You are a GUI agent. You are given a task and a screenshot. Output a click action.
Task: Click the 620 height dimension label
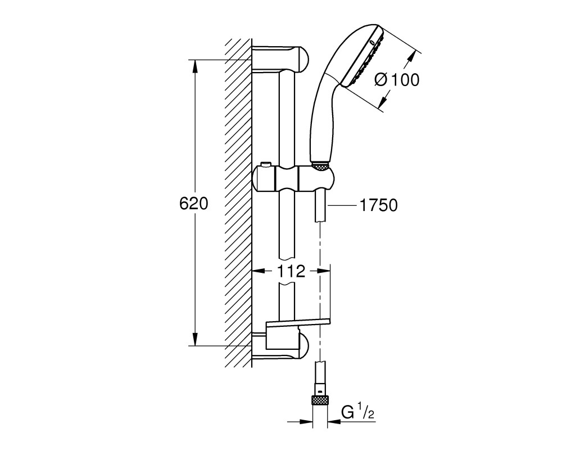[193, 204]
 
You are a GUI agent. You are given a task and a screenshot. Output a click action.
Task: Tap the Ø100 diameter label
[397, 80]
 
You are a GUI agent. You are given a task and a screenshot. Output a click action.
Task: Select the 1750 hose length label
[378, 206]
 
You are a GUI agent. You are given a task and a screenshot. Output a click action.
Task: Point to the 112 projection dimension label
[291, 271]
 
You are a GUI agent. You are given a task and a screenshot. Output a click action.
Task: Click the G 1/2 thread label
[358, 413]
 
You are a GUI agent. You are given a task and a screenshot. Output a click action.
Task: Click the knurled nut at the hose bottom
[320, 400]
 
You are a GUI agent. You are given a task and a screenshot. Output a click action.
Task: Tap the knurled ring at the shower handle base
[320, 166]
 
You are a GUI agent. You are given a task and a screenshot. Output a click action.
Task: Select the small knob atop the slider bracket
[265, 165]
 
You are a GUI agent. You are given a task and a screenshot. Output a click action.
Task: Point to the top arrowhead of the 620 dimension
[194, 66]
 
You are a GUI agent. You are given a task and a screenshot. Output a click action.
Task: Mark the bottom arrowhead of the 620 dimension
[194, 340]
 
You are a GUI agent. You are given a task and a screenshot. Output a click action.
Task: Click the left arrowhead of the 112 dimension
[259, 271]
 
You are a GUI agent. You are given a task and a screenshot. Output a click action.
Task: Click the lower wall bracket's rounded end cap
[303, 346]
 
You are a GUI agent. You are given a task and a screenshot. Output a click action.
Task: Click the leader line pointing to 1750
[342, 206]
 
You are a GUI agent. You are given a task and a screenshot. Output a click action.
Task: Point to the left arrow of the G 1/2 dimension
[306, 421]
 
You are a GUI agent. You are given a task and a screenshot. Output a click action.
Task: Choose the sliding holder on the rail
[294, 178]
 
